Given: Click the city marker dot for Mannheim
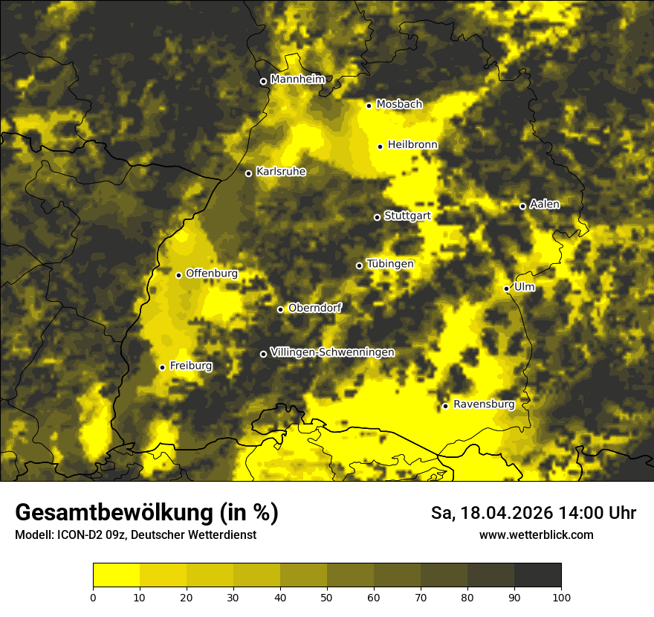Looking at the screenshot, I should pyautogui.click(x=263, y=82).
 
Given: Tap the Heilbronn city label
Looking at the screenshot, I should pyautogui.click(x=412, y=145).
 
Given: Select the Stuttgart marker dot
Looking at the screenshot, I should pyautogui.click(x=377, y=217).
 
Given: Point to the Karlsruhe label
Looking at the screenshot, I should pyautogui.click(x=281, y=172).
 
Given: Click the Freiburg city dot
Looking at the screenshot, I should pyautogui.click(x=162, y=367).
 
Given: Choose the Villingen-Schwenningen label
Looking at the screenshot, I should pyautogui.click(x=332, y=352).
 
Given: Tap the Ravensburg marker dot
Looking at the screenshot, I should pyautogui.click(x=445, y=406).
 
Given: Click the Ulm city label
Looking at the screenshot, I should pyautogui.click(x=524, y=287).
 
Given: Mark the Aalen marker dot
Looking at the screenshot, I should pyautogui.click(x=522, y=206).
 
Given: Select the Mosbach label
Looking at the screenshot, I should pyautogui.click(x=399, y=105).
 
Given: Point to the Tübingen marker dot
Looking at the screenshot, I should pyautogui.click(x=359, y=265).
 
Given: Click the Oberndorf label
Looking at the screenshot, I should pyautogui.click(x=315, y=308).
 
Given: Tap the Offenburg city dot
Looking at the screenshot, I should pyautogui.click(x=178, y=275).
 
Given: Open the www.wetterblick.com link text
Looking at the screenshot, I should pyautogui.click(x=536, y=534).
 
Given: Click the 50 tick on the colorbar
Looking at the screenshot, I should pyautogui.click(x=327, y=596).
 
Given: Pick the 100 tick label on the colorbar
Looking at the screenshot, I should pyautogui.click(x=561, y=596).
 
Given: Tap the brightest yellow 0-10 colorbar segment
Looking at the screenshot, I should pyautogui.click(x=116, y=575).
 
